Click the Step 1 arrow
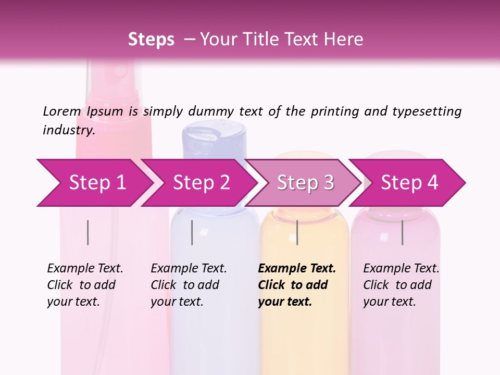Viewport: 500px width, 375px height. click(94, 183)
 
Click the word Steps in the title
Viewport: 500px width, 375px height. click(151, 40)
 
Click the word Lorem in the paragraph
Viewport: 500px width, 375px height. click(62, 111)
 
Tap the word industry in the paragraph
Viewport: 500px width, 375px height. click(68, 130)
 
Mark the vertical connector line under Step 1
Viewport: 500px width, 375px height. click(87, 232)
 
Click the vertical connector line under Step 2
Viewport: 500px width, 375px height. click(192, 232)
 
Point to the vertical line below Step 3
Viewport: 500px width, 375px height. click(297, 232)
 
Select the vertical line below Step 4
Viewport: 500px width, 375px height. click(402, 232)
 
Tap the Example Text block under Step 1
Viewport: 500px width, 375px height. click(84, 285)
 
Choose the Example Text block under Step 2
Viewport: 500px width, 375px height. click(188, 285)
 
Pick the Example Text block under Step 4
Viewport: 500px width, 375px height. click(401, 285)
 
